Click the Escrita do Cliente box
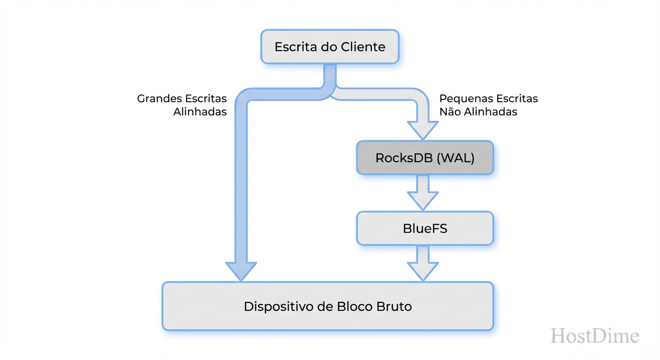pos(330,47)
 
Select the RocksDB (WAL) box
pos(425,158)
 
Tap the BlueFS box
pos(425,228)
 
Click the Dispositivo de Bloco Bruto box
pos(328,307)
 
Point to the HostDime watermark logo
pos(594,336)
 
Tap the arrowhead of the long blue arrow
pos(240,271)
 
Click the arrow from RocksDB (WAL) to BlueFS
pos(422,192)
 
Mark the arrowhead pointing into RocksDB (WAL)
pos(422,130)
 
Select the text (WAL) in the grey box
pos(455,158)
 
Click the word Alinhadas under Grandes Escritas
pos(200,112)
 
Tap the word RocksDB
pos(404,158)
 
